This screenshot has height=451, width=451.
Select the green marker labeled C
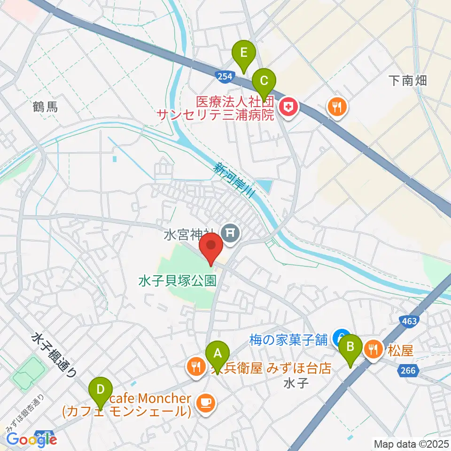coord(264,83)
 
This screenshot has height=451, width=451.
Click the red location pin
coord(211,249)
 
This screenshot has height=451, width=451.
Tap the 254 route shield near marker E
coord(223,75)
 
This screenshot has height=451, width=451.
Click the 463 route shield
coord(409,321)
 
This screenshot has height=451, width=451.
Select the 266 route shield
coord(408,371)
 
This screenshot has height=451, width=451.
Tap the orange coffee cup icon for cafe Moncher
coord(205,403)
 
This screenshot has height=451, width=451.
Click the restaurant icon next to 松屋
coord(373,350)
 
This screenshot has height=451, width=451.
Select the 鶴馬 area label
coord(46,108)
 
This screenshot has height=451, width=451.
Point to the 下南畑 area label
coord(408,80)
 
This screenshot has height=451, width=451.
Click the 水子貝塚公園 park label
coord(177,281)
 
